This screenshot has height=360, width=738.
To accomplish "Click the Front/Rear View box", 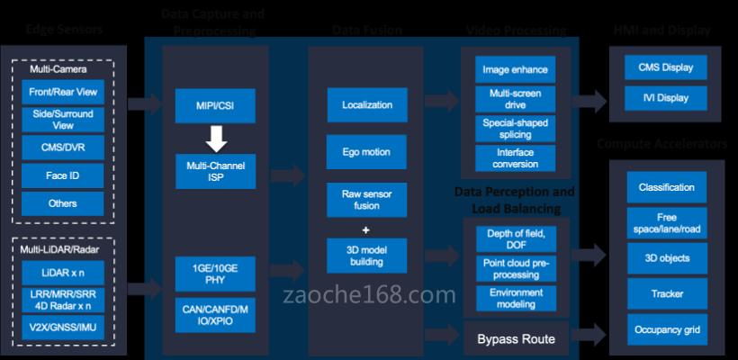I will pyautogui.click(x=63, y=91).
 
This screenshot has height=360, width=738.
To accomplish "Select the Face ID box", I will pyautogui.click(x=63, y=175).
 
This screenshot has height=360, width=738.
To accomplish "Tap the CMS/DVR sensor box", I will pyautogui.click(x=63, y=147).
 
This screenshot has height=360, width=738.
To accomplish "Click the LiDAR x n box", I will pyautogui.click(x=63, y=271).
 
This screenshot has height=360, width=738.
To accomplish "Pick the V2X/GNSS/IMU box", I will pyautogui.click(x=63, y=327).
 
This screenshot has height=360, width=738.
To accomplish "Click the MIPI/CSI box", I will pyautogui.click(x=216, y=105).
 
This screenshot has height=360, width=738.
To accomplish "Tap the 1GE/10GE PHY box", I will pyautogui.click(x=216, y=273).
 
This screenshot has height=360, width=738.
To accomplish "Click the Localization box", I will pyautogui.click(x=367, y=105).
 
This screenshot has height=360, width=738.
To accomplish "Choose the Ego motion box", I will pyautogui.click(x=367, y=152).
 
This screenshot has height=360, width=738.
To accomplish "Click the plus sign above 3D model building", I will pyautogui.click(x=367, y=228).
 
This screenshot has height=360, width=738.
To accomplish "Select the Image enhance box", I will pyautogui.click(x=515, y=69).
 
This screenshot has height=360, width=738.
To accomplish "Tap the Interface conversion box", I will pyautogui.click(x=515, y=157).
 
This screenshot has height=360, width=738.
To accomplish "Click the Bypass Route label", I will pyautogui.click(x=516, y=339).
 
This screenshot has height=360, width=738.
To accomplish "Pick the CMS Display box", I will pyautogui.click(x=666, y=67).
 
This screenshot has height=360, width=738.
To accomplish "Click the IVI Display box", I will pyautogui.click(x=666, y=97).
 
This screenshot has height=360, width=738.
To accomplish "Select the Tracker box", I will pyautogui.click(x=666, y=293).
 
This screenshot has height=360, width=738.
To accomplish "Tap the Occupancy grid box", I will pyautogui.click(x=666, y=329).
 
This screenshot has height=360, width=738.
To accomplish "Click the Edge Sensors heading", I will pyautogui.click(x=65, y=30).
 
